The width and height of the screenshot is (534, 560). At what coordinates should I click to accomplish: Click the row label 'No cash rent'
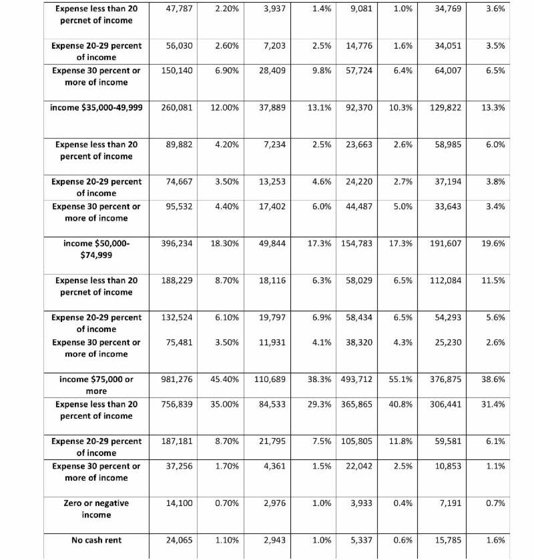96,540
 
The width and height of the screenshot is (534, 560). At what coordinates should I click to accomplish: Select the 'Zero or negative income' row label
96,509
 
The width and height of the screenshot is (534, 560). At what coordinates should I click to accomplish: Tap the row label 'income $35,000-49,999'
96,107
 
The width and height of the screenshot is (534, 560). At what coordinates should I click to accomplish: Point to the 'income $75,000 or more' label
96,385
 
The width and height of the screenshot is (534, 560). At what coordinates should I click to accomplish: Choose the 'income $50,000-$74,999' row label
96,249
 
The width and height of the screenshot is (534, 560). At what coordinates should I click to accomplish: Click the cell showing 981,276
177,379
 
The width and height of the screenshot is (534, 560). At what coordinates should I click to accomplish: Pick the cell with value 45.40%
220,379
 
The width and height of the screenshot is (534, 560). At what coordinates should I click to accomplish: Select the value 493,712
356,379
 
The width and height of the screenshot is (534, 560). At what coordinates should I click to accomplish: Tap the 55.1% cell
400,379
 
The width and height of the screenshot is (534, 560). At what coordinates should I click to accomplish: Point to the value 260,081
177,107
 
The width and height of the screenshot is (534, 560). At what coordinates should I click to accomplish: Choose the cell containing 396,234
177,243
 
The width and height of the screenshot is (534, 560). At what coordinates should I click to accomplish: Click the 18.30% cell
220,243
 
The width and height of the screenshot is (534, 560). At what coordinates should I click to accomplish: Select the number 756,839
177,404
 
